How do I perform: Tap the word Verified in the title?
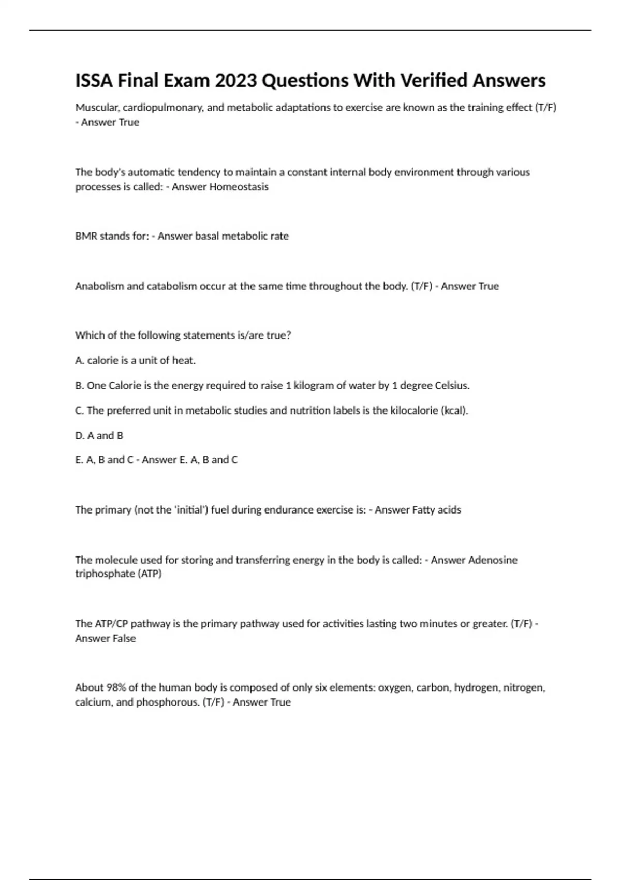[x=433, y=81]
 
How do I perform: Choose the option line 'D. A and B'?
[x=99, y=436]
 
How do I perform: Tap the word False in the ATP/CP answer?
[x=122, y=638]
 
